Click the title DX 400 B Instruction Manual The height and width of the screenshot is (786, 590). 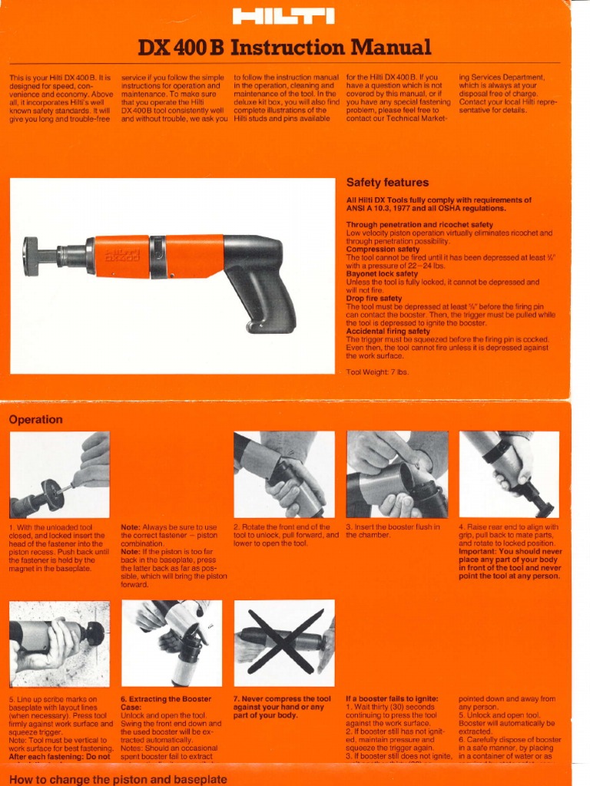284,48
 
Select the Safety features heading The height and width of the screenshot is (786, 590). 387,183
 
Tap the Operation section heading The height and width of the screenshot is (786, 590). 35,420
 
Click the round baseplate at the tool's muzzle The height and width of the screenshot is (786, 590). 31,256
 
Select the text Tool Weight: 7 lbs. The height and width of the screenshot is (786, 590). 377,372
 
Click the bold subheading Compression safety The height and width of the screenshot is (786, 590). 382,249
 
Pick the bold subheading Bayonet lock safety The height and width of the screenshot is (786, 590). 382,273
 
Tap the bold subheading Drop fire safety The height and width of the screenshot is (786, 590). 374,299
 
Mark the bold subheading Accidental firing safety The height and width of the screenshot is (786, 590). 388,332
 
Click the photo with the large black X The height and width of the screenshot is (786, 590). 283,643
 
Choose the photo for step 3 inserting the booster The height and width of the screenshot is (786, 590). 396,474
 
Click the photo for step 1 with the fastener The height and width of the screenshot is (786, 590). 59,474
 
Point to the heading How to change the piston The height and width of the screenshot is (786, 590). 118,779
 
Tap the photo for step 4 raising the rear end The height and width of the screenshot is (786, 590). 509,474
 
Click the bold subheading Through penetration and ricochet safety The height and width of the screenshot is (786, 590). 419,225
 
